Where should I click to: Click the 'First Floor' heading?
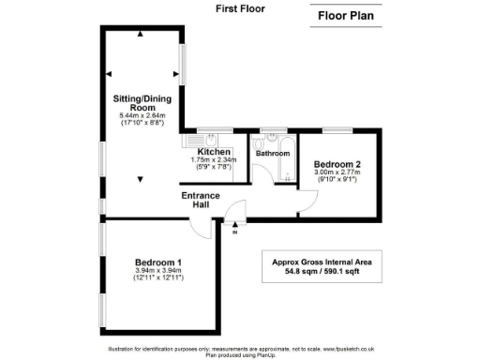pos(239,8)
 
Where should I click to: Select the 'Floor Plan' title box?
pos(348,15)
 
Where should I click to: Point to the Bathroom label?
pos(274,154)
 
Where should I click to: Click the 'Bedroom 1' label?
pos(157,261)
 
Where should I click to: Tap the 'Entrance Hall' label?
pos(201,201)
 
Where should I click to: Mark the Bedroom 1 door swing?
pos(202,226)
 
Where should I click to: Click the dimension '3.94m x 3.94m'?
pos(157,271)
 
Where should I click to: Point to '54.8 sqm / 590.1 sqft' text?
pos(322,273)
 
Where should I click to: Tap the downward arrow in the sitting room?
pos(141,179)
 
